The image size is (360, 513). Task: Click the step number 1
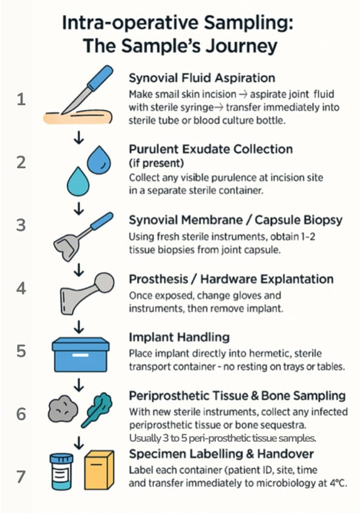point(21,99)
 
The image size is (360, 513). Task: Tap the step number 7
point(21,477)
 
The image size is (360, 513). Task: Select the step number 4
point(21,288)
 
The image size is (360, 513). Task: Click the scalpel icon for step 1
point(87,89)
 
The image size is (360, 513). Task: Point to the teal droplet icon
point(78,182)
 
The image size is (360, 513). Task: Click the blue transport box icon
point(81,355)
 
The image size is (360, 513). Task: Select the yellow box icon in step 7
point(99,470)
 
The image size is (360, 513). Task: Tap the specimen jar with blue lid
point(61,472)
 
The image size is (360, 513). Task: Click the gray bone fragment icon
point(63,409)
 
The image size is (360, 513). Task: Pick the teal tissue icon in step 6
point(97,410)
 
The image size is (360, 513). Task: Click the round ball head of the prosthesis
point(104,282)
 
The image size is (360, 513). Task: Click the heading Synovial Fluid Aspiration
point(202,78)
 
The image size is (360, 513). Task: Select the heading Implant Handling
point(179,337)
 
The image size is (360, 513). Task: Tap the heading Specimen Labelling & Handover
point(221,454)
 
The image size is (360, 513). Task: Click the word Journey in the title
point(241,46)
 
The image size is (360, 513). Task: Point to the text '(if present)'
point(157,163)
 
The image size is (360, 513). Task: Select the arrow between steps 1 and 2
point(78,138)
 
